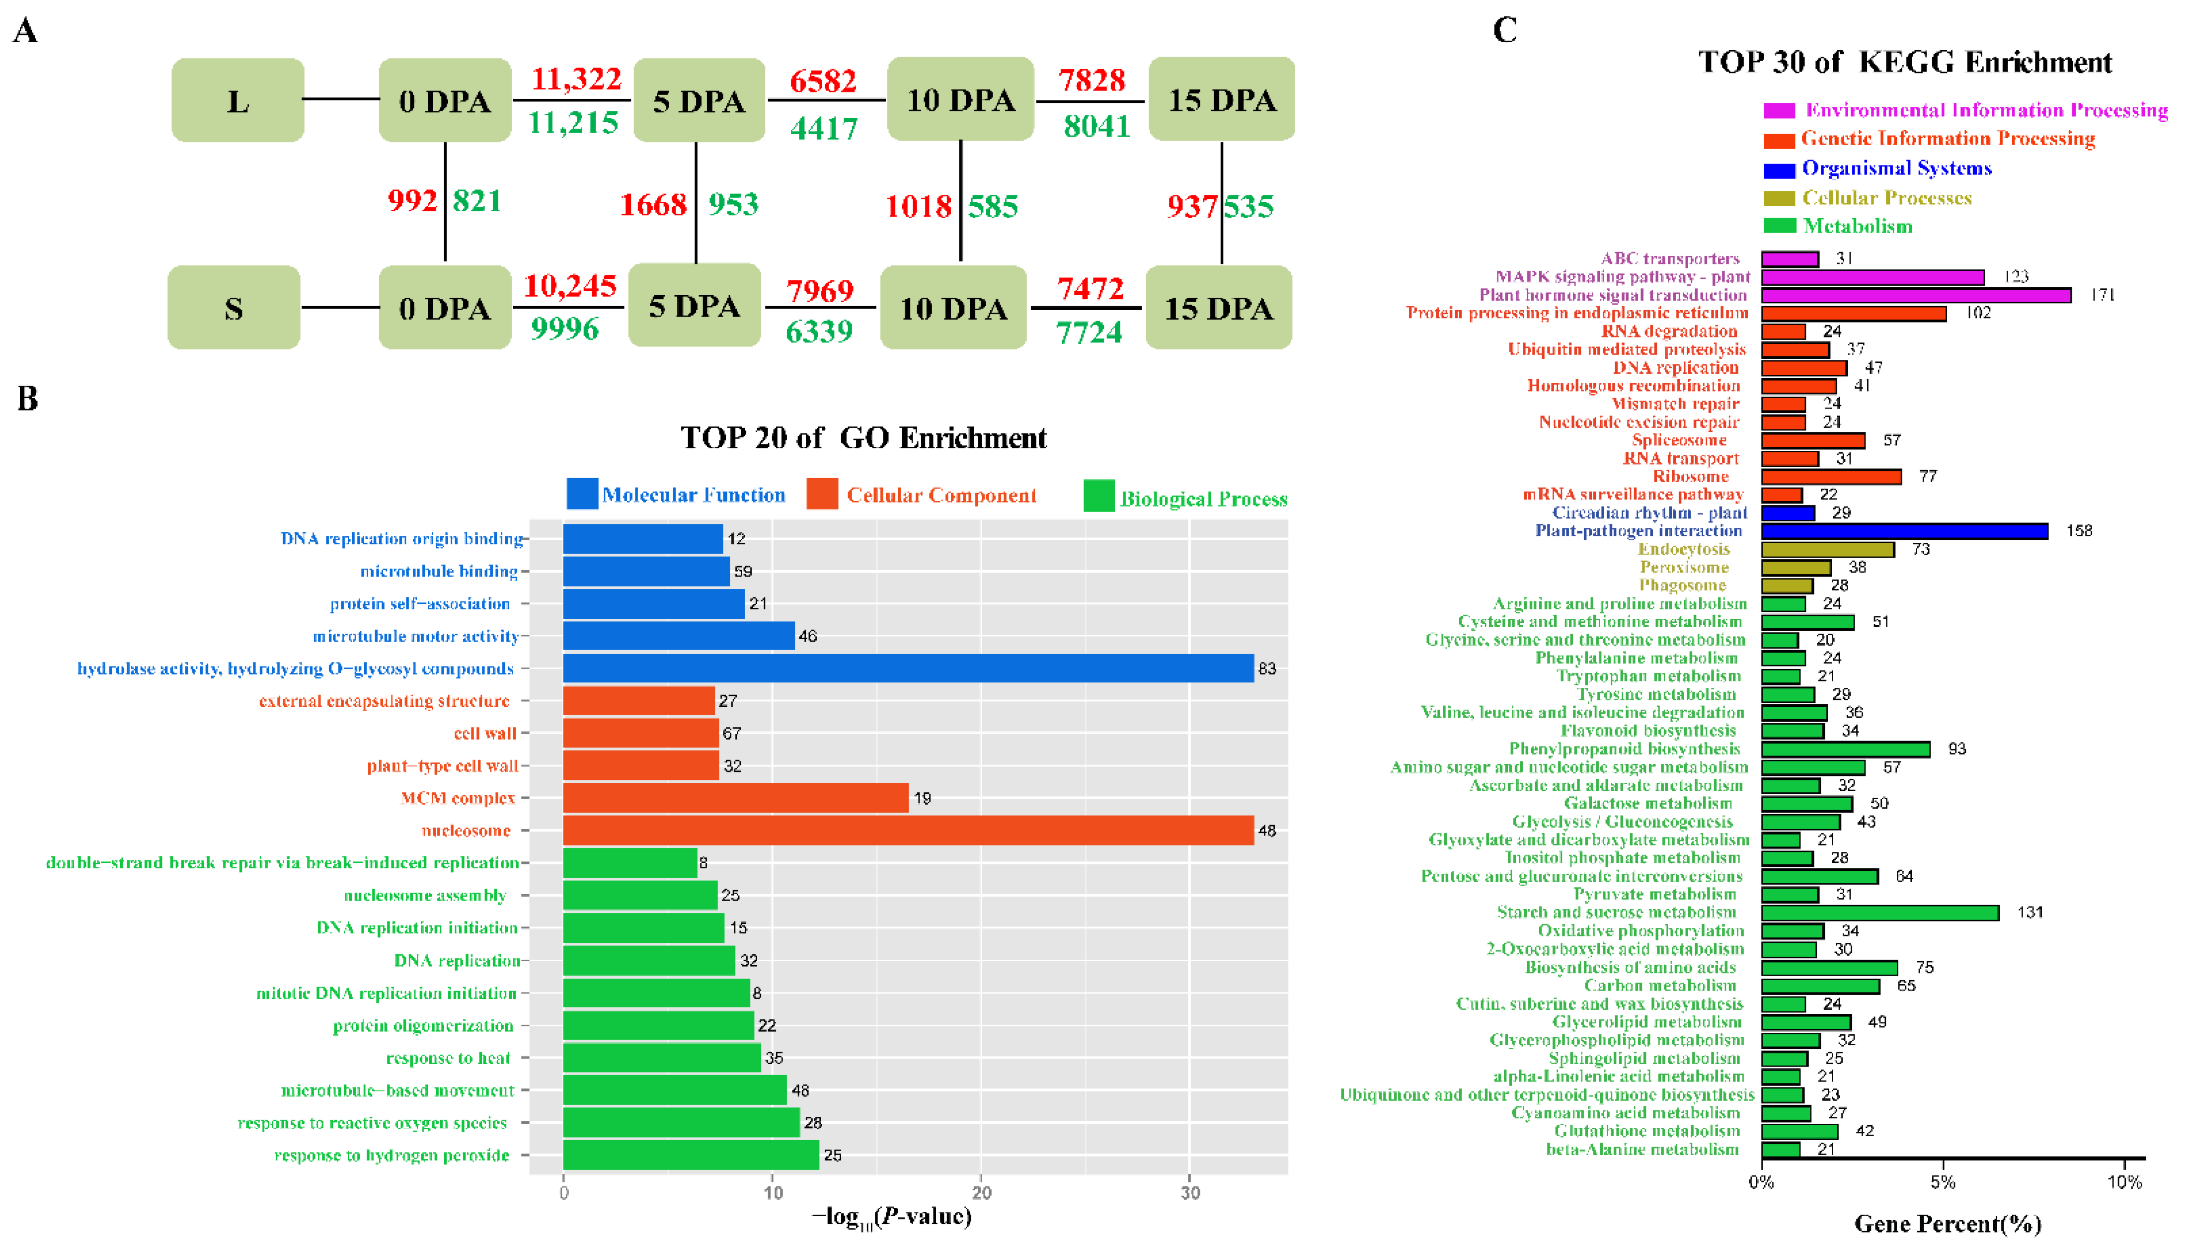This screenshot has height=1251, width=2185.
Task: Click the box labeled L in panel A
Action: click(x=238, y=100)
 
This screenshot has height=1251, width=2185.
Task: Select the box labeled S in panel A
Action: click(x=234, y=308)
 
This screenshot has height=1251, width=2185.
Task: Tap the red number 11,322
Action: click(x=575, y=79)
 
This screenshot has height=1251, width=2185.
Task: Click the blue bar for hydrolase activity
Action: click(x=908, y=668)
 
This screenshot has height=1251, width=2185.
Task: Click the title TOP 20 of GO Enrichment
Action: click(x=863, y=438)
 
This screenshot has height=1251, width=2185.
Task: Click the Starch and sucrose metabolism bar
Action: click(x=1879, y=913)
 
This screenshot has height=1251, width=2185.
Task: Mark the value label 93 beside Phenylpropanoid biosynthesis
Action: click(x=1956, y=749)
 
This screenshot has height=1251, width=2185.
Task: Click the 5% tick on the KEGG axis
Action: click(x=1943, y=1182)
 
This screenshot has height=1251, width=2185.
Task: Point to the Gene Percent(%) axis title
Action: click(x=1947, y=1224)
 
